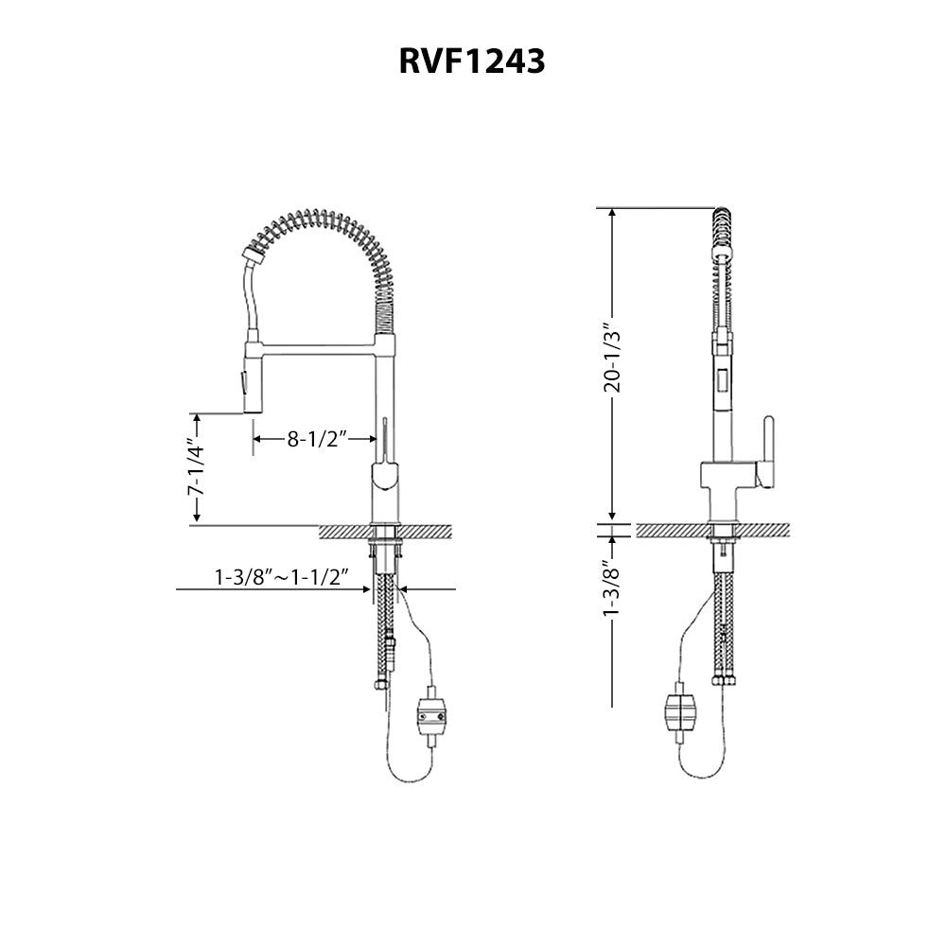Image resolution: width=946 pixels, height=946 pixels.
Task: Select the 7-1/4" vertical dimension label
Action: [196, 468]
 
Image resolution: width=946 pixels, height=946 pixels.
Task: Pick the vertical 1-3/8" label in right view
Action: [612, 588]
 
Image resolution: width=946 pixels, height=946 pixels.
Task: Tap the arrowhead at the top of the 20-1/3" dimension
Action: [613, 214]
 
